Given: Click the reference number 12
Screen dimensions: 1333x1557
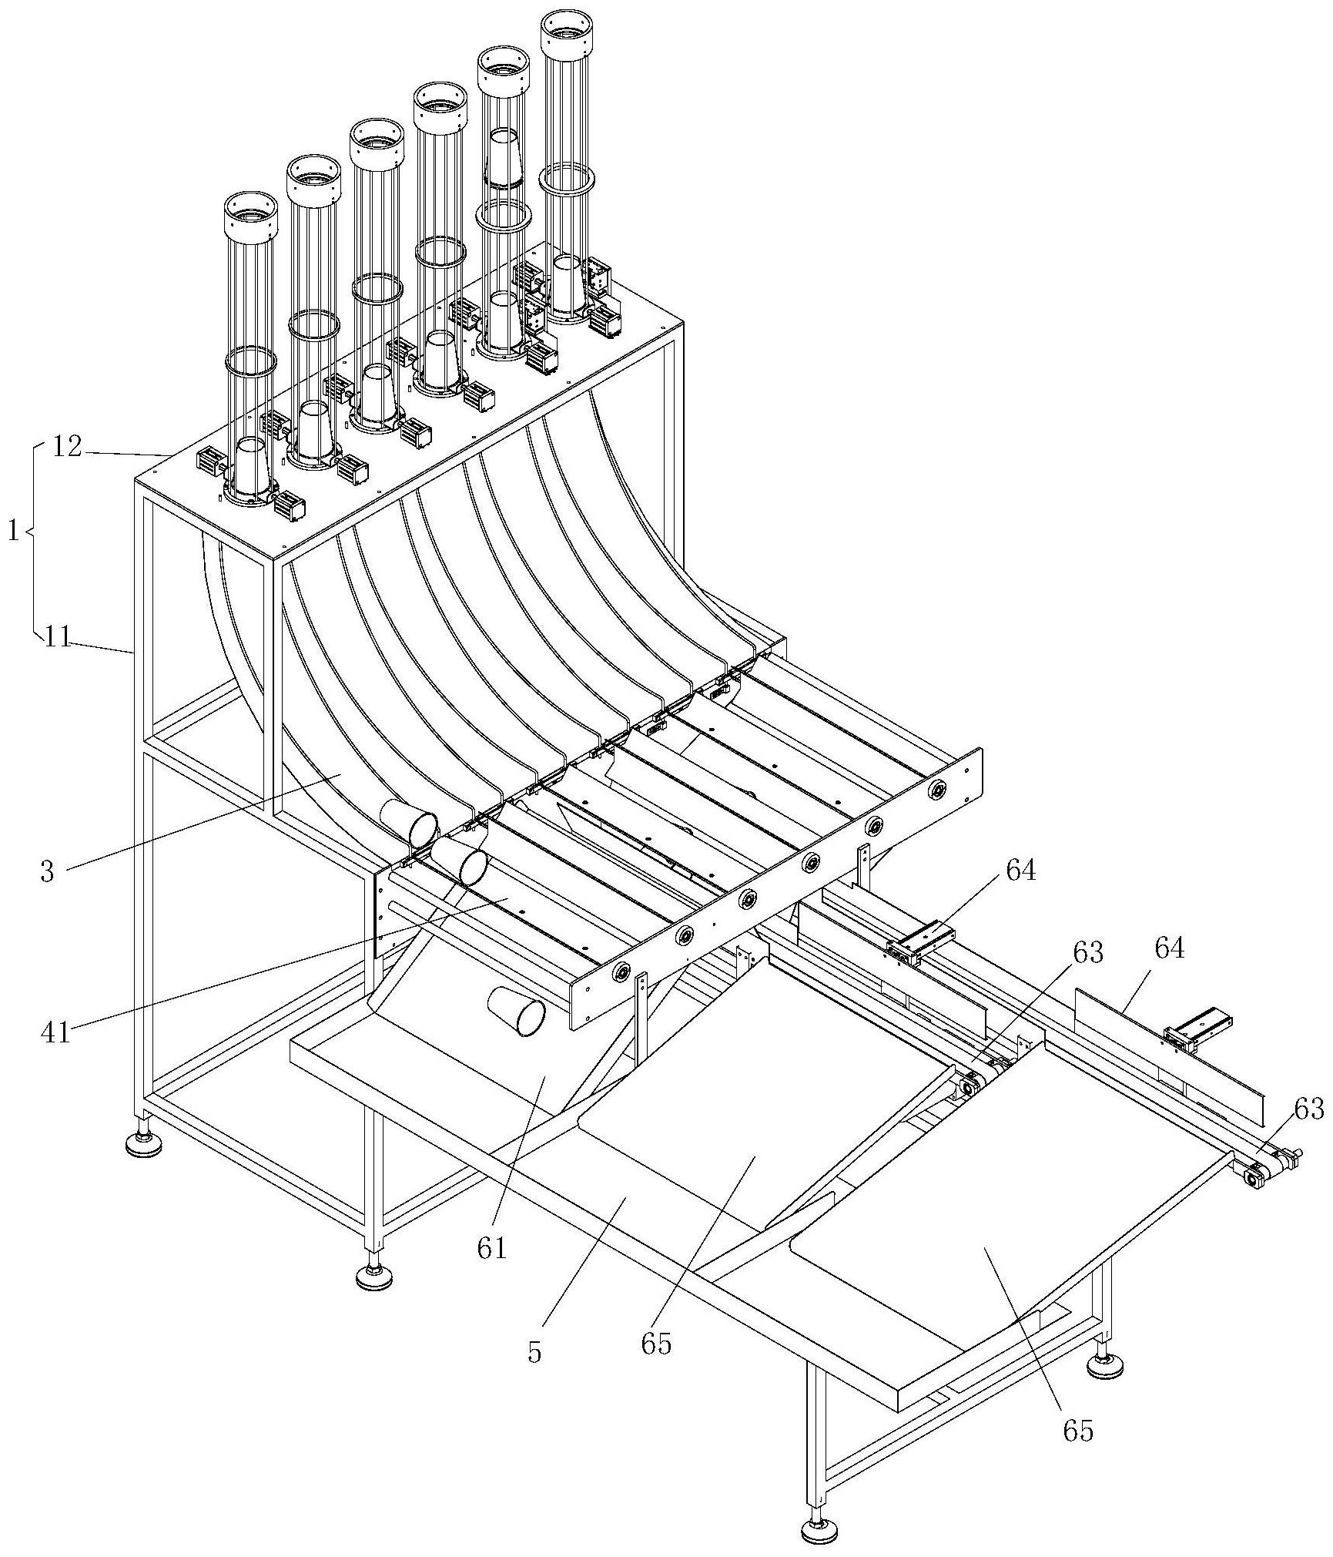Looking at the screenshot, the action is pyautogui.click(x=68, y=447).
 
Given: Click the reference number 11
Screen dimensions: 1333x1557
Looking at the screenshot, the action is pyautogui.click(x=57, y=636).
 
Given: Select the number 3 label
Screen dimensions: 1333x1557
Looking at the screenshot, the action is pyautogui.click(x=48, y=871).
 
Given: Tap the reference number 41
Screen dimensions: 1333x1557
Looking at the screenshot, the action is pyautogui.click(x=55, y=1032).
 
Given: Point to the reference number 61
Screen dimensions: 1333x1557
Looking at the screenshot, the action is pyautogui.click(x=492, y=1247).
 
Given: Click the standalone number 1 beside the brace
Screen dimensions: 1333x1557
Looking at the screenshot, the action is pyautogui.click(x=14, y=532).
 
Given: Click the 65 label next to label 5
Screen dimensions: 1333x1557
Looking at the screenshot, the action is pyautogui.click(x=656, y=1344).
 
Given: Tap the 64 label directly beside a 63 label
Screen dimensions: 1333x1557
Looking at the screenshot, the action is pyautogui.click(x=1168, y=949).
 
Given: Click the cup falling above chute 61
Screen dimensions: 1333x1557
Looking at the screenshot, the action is pyautogui.click(x=517, y=1010).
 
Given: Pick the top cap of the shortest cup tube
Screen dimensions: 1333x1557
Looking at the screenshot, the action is pyautogui.click(x=250, y=215).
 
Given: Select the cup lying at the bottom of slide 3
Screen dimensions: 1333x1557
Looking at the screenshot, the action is pyautogui.click(x=408, y=821).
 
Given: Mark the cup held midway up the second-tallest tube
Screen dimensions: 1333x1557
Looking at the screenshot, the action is pyautogui.click(x=504, y=158).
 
